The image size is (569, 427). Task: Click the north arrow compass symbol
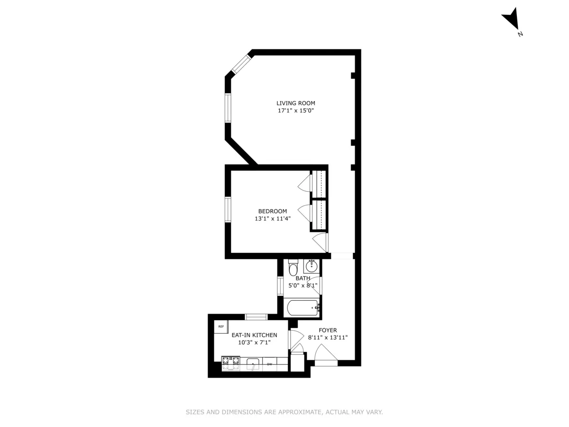pyautogui.click(x=511, y=22)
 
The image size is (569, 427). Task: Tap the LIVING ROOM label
pyautogui.click(x=296, y=103)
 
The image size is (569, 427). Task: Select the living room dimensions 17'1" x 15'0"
pyautogui.click(x=296, y=111)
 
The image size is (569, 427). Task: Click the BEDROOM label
pyautogui.click(x=272, y=211)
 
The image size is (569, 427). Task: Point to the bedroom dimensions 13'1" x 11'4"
pyautogui.click(x=272, y=219)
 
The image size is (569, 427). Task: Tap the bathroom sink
pyautogui.click(x=312, y=266)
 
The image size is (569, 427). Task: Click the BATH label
pyautogui.click(x=303, y=278)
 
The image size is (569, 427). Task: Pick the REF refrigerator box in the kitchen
pyautogui.click(x=221, y=326)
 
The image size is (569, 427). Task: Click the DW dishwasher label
pyautogui.click(x=269, y=364)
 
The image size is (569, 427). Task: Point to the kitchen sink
pyautogui.click(x=253, y=364)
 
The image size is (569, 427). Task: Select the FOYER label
pyautogui.click(x=328, y=330)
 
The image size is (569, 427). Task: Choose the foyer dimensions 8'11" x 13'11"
pyautogui.click(x=328, y=338)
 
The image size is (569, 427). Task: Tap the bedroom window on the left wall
pyautogui.click(x=228, y=209)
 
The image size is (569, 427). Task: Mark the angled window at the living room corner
pyautogui.click(x=240, y=64)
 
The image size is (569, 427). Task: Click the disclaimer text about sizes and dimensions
pyautogui.click(x=284, y=412)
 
